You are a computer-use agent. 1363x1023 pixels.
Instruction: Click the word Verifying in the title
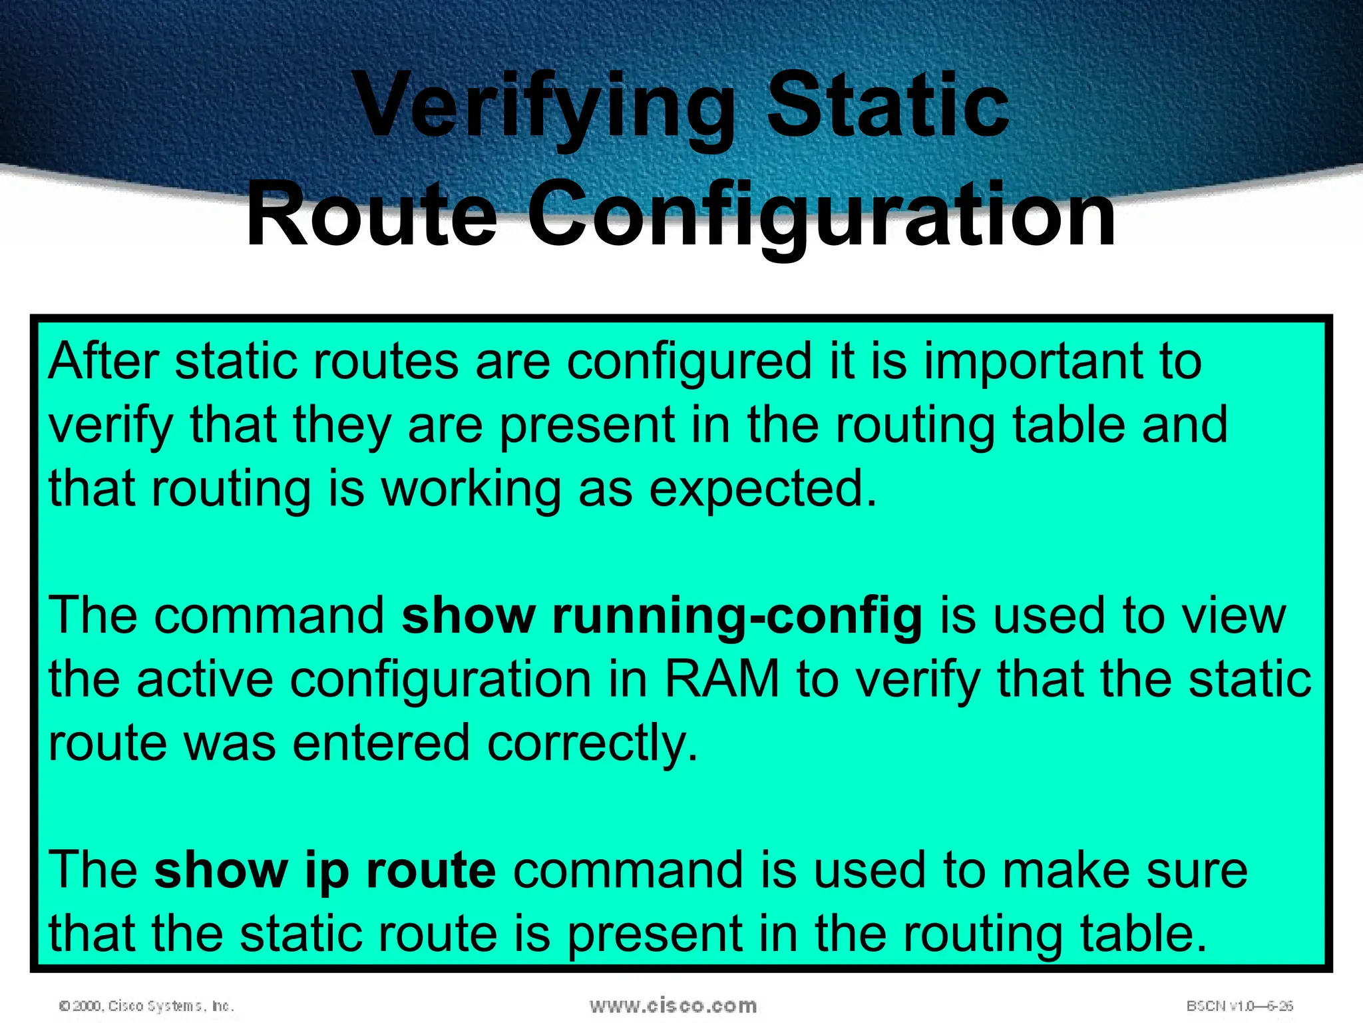544,107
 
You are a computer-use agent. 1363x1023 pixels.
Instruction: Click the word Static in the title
888,107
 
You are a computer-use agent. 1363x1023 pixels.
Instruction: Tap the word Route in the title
371,215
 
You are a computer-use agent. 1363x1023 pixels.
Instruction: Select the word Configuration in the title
821,215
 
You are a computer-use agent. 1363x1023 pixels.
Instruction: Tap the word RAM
722,680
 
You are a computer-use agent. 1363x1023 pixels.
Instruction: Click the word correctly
592,744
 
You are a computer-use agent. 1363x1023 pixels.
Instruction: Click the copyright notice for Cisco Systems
146,1006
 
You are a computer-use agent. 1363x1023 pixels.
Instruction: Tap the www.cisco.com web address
673,1006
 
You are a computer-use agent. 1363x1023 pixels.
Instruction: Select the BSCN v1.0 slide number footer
1239,1006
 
